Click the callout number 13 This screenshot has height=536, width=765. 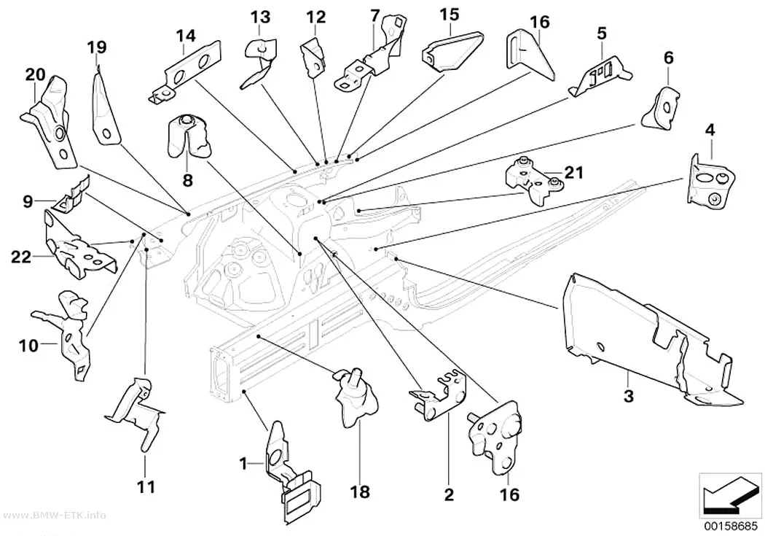pos(261,18)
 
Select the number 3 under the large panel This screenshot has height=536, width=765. pos(629,396)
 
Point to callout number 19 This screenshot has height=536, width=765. pos(97,47)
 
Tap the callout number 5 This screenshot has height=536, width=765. pos(602,34)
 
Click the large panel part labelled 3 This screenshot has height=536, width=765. pos(649,342)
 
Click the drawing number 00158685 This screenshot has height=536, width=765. pos(731,527)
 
